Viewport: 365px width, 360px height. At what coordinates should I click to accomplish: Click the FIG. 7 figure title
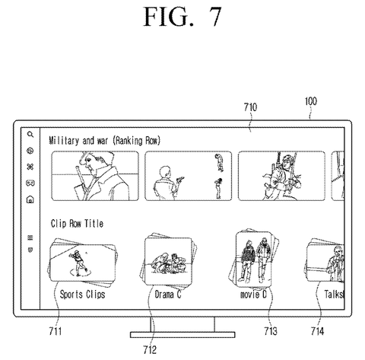[x=182, y=17]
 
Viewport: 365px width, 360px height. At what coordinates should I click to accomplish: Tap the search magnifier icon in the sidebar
[x=30, y=134]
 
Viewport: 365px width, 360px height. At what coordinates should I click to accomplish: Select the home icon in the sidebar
[x=30, y=199]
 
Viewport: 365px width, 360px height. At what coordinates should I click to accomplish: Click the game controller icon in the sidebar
[x=30, y=183]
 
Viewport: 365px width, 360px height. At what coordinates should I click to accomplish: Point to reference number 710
[x=250, y=107]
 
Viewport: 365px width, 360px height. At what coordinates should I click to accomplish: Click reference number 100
[x=311, y=101]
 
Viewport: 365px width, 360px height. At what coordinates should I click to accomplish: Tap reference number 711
[x=56, y=331]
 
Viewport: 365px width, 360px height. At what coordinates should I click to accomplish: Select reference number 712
[x=150, y=349]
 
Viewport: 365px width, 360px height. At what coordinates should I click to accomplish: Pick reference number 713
[x=271, y=331]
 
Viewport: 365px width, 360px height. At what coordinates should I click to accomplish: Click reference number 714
[x=317, y=331]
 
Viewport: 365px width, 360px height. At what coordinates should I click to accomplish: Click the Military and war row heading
[x=105, y=141]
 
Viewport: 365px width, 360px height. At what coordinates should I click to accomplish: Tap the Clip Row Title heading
[x=77, y=224]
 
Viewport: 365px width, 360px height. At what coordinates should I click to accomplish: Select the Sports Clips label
[x=82, y=295]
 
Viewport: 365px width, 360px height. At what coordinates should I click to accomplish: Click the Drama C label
[x=168, y=295]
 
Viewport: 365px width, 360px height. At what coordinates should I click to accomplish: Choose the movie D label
[x=253, y=295]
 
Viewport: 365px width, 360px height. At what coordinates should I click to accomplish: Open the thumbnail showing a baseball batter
[x=82, y=263]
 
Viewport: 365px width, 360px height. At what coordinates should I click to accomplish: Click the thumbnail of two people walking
[x=253, y=259]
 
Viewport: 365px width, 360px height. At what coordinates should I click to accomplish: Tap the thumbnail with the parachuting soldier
[x=281, y=176]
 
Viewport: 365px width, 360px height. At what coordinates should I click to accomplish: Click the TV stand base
[x=182, y=335]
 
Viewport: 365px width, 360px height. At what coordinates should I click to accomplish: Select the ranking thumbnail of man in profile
[x=95, y=176]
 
